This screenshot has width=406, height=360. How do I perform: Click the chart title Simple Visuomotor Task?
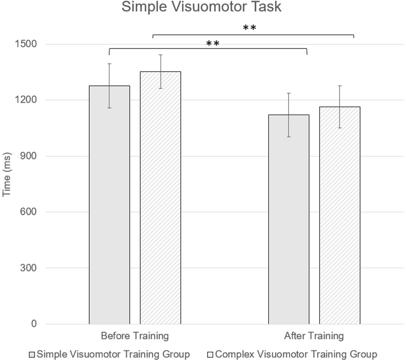201,7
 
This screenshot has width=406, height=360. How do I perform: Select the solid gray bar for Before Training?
109,205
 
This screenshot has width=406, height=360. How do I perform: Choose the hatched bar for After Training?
340,215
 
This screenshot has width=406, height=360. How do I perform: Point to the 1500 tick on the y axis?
26,44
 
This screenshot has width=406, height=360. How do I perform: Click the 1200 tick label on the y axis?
26,100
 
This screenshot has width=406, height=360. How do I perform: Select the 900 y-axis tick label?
28,156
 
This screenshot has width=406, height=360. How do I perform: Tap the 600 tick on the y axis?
28,212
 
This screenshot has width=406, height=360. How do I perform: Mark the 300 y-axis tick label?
28,268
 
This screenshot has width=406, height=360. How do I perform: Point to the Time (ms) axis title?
7,174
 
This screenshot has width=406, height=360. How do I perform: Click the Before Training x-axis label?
135,336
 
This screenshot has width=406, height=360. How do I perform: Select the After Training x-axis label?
314,336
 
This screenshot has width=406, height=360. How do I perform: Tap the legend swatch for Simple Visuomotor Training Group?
32,355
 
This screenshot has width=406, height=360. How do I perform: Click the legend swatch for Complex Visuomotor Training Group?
210,355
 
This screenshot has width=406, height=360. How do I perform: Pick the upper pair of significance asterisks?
249,28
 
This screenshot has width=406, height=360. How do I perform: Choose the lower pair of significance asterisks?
213,44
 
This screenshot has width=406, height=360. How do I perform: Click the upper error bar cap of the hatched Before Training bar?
161,55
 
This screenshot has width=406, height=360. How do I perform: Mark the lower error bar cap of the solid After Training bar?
289,137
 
